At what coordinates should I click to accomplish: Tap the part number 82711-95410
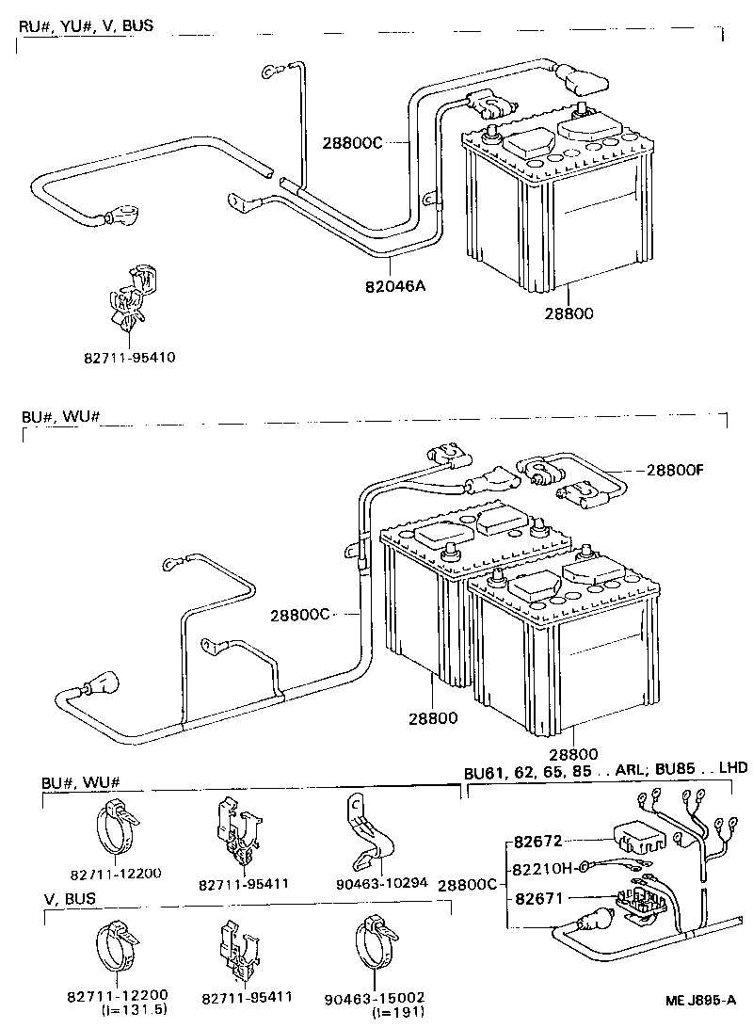pyautogui.click(x=129, y=358)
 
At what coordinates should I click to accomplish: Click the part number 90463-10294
pyautogui.click(x=380, y=883)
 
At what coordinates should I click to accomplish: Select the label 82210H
pyautogui.click(x=543, y=868)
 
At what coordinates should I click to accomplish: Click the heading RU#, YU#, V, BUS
pyautogui.click(x=85, y=25)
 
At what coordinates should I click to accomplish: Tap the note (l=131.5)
pyautogui.click(x=129, y=1010)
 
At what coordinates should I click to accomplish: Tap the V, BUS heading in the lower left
pyautogui.click(x=70, y=899)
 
